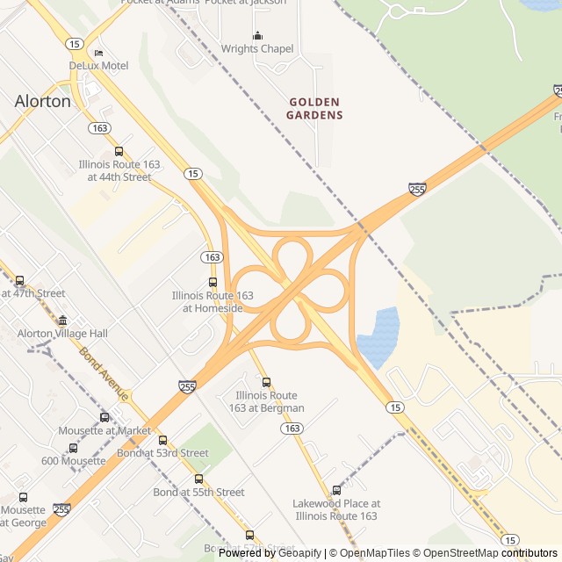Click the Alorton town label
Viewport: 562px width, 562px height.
click(x=42, y=101)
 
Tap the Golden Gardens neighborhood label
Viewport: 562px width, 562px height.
click(x=315, y=108)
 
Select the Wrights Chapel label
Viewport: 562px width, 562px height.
click(x=257, y=49)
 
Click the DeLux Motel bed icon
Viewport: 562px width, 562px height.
click(x=98, y=53)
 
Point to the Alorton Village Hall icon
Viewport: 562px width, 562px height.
click(x=62, y=321)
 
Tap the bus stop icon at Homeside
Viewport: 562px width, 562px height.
click(x=213, y=282)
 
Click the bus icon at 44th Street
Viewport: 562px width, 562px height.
click(x=119, y=151)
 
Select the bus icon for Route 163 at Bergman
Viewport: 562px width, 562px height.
click(x=266, y=382)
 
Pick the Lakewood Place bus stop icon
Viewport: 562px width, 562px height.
click(x=336, y=490)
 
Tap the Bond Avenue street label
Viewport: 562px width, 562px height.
click(x=104, y=374)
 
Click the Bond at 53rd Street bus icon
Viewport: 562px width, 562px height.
click(x=162, y=440)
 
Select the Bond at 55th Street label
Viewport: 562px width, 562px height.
click(x=198, y=492)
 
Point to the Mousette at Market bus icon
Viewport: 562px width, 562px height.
click(x=104, y=417)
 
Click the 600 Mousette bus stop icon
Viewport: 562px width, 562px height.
click(x=73, y=448)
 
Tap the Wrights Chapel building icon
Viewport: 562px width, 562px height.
click(x=257, y=35)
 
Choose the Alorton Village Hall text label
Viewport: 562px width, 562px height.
click(x=62, y=334)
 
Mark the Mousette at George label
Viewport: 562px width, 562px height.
click(x=23, y=515)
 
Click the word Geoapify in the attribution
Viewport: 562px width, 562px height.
click(x=299, y=553)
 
